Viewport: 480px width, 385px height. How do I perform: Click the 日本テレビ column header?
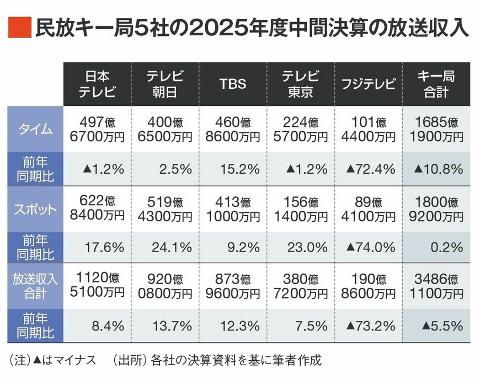(97, 84)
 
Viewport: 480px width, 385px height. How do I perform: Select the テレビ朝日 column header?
(164, 84)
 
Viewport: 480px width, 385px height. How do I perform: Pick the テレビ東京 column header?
(300, 84)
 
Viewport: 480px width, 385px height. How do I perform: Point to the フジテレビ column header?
(368, 84)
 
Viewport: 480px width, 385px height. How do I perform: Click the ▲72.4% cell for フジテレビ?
(368, 169)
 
